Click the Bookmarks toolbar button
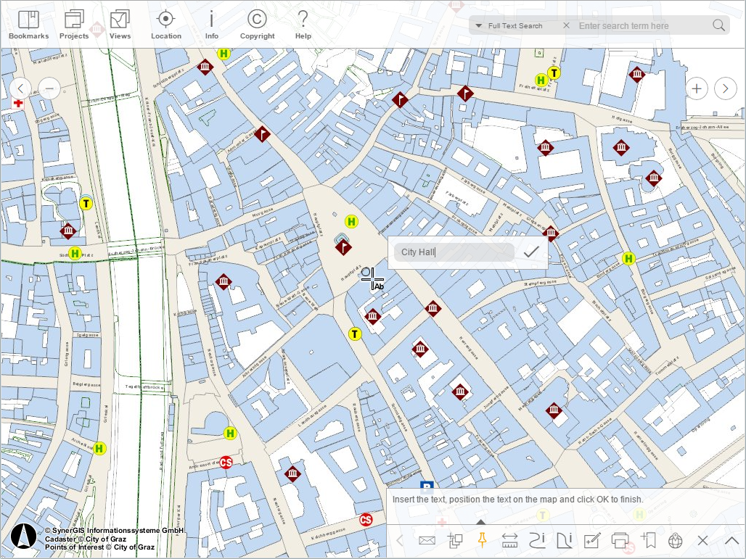click(28, 25)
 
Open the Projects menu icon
click(74, 25)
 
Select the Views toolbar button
click(120, 25)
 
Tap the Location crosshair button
click(166, 25)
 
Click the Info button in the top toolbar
click(211, 25)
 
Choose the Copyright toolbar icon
click(257, 25)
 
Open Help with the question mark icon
click(303, 25)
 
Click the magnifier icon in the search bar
click(718, 25)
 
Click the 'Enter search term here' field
click(642, 26)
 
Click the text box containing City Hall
click(454, 252)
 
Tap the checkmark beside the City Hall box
click(531, 252)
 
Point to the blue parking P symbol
click(427, 487)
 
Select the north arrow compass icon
click(24, 537)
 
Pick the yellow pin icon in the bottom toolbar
click(480, 539)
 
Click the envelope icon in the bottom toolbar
click(427, 540)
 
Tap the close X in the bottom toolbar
click(702, 540)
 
